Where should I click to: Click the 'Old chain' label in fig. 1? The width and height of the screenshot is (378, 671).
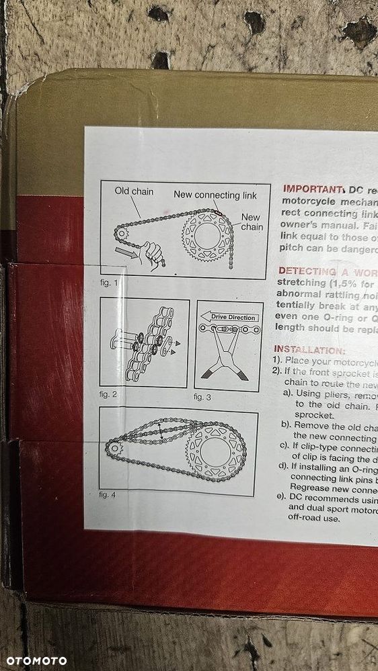(134, 191)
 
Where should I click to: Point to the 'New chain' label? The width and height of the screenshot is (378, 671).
(251, 222)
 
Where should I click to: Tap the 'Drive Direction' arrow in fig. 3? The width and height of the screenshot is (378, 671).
(228, 317)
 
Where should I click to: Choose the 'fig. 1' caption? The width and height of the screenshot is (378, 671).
(109, 283)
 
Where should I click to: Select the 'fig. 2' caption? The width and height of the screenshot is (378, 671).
(109, 394)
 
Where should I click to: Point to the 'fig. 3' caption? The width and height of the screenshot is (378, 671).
(202, 398)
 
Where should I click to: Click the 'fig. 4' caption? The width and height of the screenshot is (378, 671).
(108, 494)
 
